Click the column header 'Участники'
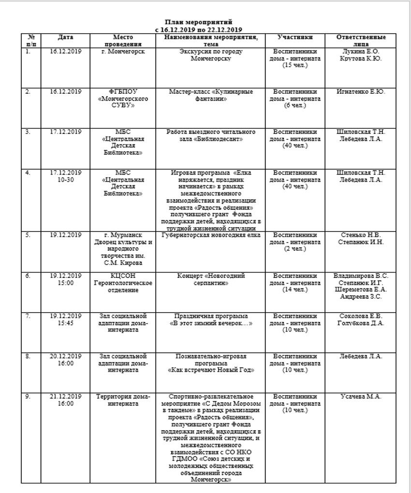(x=295, y=37)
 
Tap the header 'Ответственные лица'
(x=361, y=40)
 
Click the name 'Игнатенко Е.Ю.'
(x=361, y=91)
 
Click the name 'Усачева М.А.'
(x=361, y=396)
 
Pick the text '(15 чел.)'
(x=295, y=65)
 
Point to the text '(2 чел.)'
(x=295, y=249)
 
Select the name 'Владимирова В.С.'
(x=361, y=276)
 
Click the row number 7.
(x=28, y=316)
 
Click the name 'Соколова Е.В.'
(x=361, y=316)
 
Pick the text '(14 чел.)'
(x=295, y=290)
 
